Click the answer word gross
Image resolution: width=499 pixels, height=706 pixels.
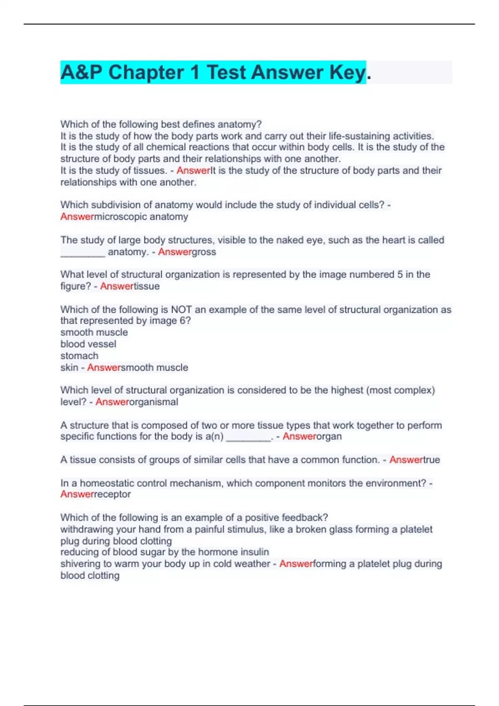204,252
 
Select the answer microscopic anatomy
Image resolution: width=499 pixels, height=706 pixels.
141,216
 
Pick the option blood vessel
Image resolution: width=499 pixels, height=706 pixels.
88,344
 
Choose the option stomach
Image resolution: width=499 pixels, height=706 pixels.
79,355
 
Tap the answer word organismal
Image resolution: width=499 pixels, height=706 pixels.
154,402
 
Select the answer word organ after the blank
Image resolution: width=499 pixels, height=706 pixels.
329,436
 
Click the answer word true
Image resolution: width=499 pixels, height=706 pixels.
432,460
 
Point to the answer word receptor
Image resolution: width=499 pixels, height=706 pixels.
113,494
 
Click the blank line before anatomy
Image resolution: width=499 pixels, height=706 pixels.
83,252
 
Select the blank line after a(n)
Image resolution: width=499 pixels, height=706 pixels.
248,437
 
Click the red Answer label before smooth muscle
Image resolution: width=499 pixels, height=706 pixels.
104,368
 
